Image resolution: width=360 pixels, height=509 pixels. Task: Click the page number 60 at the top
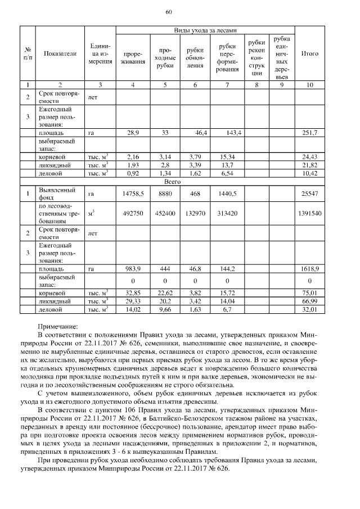169,12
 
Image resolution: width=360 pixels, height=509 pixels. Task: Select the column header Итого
310,53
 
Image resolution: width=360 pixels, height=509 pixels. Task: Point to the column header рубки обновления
195,57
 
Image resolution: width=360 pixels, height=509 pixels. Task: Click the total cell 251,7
310,132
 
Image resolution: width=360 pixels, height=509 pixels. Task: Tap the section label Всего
172,182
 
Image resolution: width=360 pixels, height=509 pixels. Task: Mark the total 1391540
310,214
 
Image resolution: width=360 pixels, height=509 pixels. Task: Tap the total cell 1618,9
310,269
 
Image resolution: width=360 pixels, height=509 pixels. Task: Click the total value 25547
310,193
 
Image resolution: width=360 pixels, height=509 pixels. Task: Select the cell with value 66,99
310,301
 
